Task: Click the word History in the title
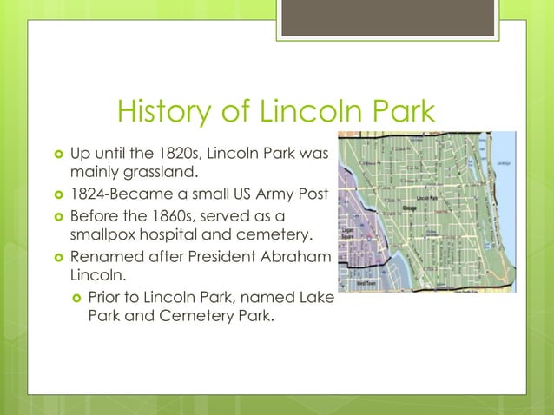(x=163, y=112)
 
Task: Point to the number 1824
(x=89, y=194)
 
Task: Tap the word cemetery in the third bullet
(x=273, y=234)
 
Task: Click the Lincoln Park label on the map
(x=427, y=199)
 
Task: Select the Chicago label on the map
(x=412, y=208)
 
